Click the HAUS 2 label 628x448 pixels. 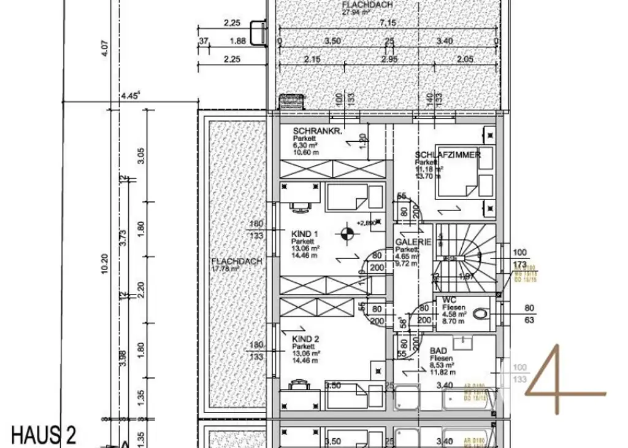(x=44, y=435)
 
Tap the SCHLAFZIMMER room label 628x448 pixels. (x=448, y=155)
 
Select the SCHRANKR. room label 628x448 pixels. (x=317, y=131)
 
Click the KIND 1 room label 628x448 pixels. (x=305, y=234)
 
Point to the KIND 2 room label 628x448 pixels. (x=305, y=339)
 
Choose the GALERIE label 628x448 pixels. (x=413, y=242)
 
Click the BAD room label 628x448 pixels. (x=438, y=350)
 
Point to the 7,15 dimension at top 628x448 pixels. (x=387, y=23)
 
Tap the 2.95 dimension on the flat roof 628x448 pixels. (x=389, y=59)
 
